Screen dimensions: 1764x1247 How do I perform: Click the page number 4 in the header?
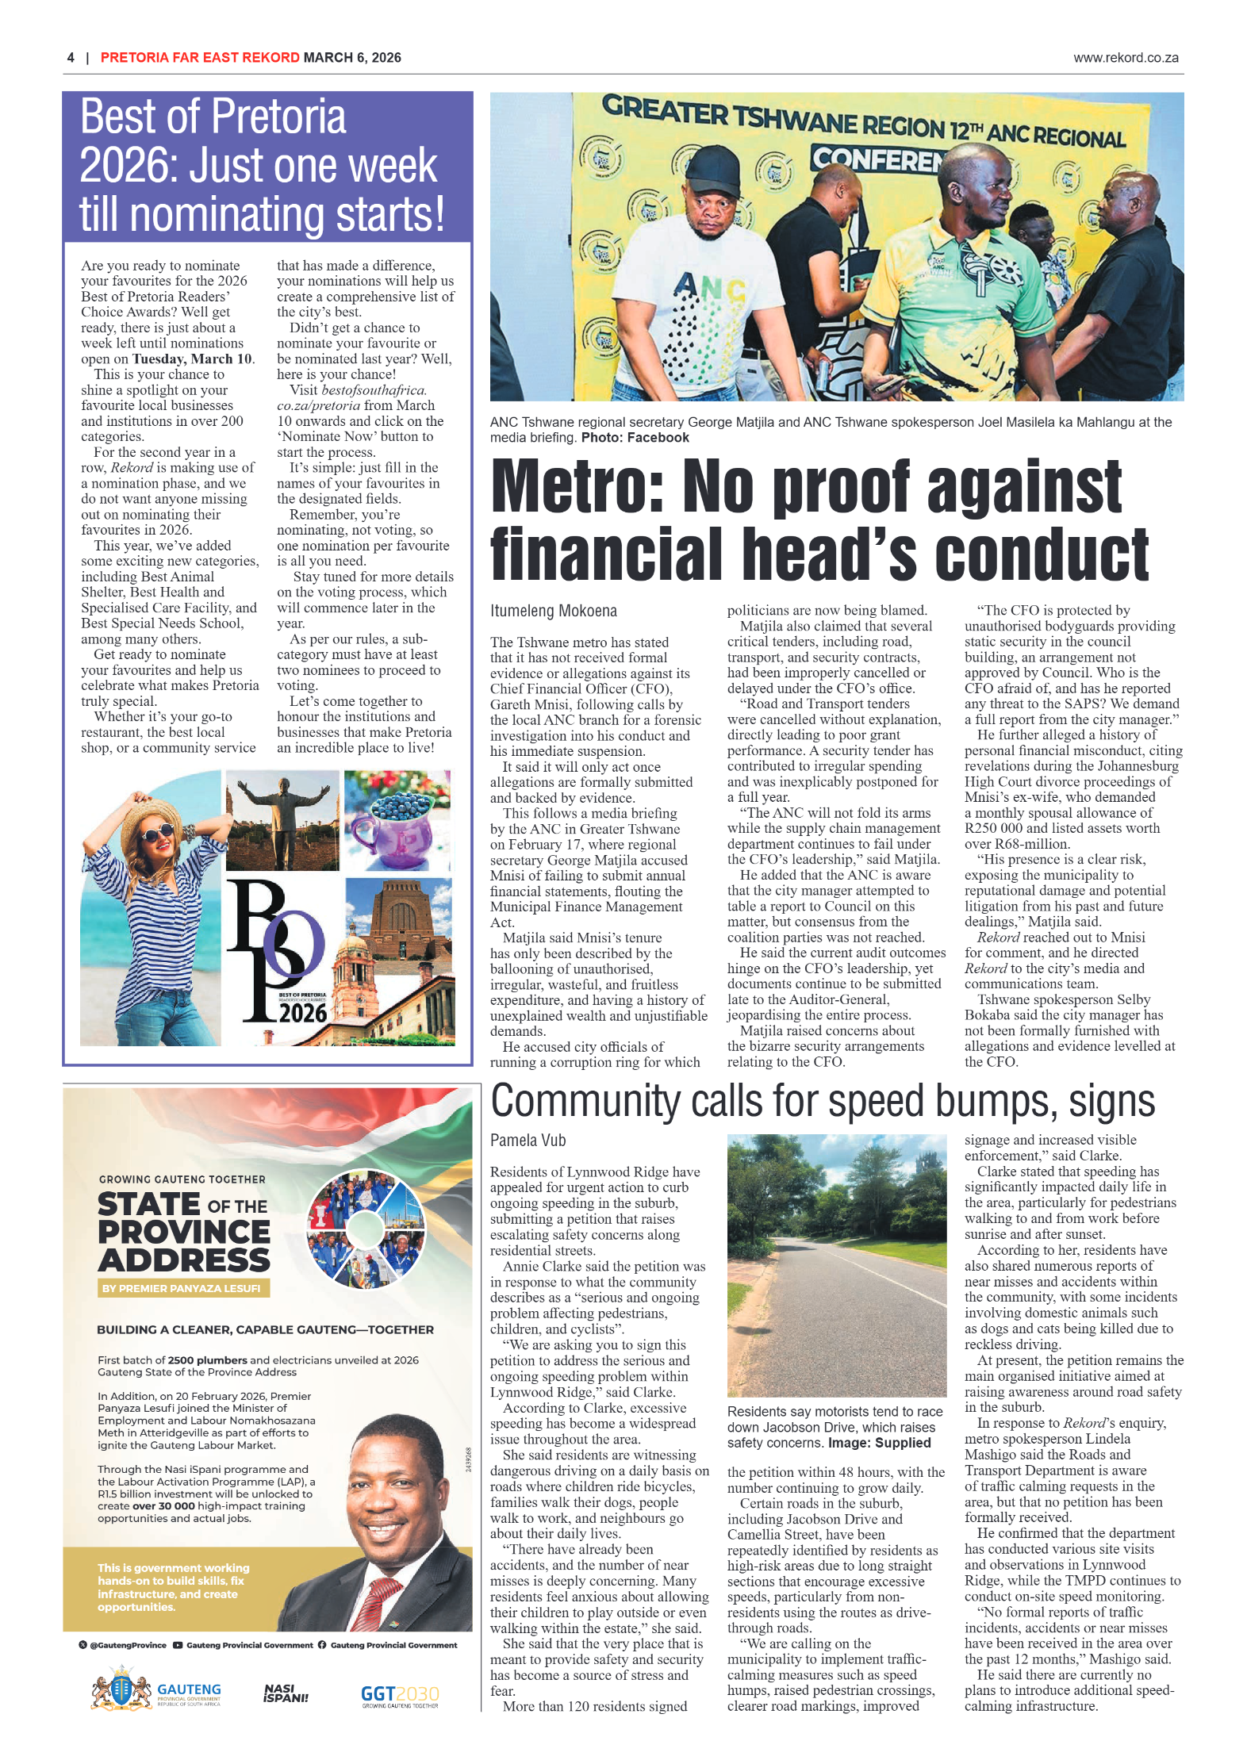point(71,57)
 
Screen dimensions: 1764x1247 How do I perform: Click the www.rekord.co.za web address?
point(1125,57)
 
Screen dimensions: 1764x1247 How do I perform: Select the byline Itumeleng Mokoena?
point(553,611)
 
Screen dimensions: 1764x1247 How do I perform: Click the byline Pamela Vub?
point(528,1141)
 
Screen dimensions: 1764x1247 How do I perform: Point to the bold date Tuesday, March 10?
point(193,359)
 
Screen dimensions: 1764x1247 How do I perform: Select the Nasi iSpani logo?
point(286,1693)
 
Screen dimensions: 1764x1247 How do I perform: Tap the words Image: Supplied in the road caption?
point(879,1443)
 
